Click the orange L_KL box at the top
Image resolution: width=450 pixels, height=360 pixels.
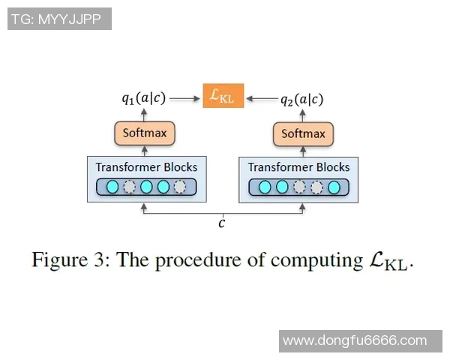[x=223, y=96]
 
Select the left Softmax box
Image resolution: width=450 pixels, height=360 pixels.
[x=145, y=134]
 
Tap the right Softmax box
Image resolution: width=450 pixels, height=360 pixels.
[x=303, y=134]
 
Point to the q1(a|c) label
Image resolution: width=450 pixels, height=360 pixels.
[x=144, y=97]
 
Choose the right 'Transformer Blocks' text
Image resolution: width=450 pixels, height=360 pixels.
[x=298, y=166]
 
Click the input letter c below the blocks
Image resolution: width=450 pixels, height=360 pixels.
[x=222, y=223]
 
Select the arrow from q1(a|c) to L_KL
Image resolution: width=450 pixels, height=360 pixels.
[x=185, y=97]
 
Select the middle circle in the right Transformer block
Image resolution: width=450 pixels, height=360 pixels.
[x=299, y=187]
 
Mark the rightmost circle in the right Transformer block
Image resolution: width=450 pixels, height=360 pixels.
[x=334, y=187]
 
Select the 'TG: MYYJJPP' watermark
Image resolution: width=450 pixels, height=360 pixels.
[x=59, y=19]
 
